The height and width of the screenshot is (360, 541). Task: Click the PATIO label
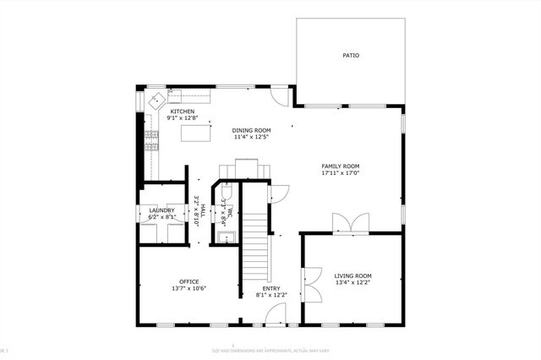click(350, 56)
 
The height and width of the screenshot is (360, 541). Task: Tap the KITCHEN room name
click(183, 112)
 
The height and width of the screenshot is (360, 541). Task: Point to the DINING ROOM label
click(252, 130)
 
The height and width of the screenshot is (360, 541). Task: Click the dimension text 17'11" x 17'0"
click(341, 173)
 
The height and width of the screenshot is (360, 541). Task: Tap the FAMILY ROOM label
click(341, 166)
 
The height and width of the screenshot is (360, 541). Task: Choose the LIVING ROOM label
click(352, 275)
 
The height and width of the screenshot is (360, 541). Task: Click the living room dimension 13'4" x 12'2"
click(352, 283)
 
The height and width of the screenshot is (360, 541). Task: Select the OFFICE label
click(189, 281)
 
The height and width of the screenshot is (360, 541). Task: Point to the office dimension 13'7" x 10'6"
click(189, 288)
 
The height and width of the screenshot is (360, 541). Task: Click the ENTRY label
click(271, 288)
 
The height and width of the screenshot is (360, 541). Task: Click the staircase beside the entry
click(255, 245)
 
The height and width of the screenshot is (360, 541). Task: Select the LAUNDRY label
click(161, 210)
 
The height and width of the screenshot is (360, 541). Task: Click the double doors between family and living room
click(350, 224)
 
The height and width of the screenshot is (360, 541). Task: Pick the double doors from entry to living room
click(310, 283)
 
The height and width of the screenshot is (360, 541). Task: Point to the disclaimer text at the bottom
click(270, 350)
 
